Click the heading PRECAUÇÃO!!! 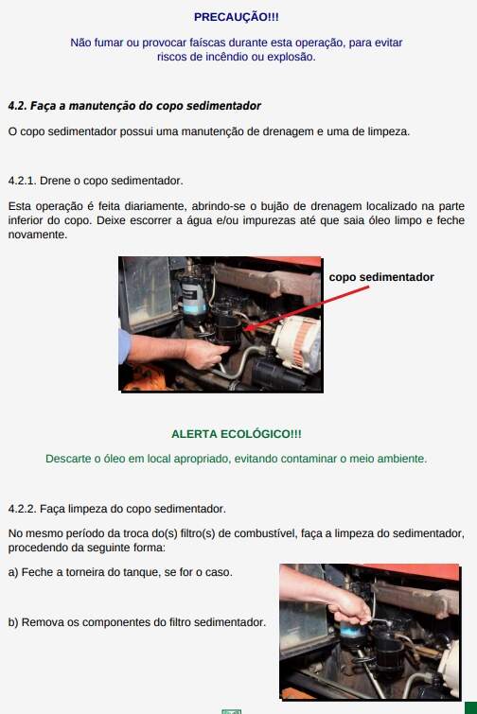(236, 17)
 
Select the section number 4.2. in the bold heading (17, 106)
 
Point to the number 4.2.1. (23, 181)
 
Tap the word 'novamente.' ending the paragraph (38, 235)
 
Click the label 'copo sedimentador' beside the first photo (381, 277)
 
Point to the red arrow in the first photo (306, 307)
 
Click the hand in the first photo (205, 353)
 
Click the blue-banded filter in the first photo (194, 296)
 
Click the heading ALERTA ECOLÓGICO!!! (237, 434)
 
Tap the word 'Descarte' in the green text (68, 459)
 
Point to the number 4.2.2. (23, 509)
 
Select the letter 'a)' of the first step (13, 572)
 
